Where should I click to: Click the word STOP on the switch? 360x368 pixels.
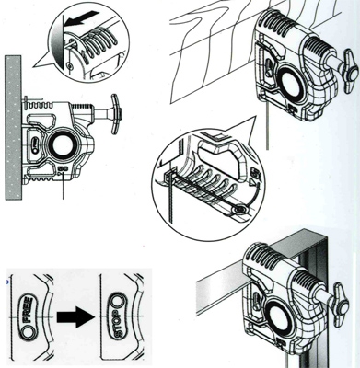pyautogui.click(x=117, y=323)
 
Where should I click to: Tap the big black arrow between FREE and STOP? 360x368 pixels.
pyautogui.click(x=75, y=316)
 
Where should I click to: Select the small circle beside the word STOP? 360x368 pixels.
pyautogui.click(x=118, y=302)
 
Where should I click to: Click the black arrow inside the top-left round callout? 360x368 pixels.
pyautogui.click(x=83, y=18)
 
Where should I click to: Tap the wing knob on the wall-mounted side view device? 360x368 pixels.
pyautogui.click(x=116, y=114)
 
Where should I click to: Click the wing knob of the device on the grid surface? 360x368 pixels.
pyautogui.click(x=350, y=71)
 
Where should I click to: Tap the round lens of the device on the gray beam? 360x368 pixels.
pyautogui.click(x=280, y=321)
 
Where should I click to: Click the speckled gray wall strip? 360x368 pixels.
pyautogui.click(x=13, y=128)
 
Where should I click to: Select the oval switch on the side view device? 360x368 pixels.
pyautogui.click(x=35, y=144)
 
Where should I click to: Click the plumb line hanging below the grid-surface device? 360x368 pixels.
pyautogui.click(x=267, y=126)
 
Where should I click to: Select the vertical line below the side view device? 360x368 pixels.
pyautogui.click(x=63, y=186)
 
